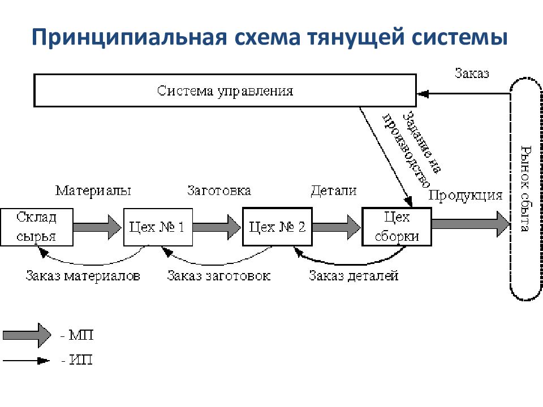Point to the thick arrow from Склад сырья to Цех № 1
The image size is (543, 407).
coord(98,227)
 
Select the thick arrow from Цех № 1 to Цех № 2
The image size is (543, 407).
coord(217,227)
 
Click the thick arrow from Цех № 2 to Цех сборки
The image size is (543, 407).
coord(337,227)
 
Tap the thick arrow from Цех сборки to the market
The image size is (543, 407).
coord(471,224)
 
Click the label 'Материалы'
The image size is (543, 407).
coord(93,190)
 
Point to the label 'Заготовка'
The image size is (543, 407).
coord(219,190)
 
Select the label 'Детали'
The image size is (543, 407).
coord(334,190)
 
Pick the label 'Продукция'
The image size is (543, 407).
coord(466,196)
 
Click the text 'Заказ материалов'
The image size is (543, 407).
coord(83,276)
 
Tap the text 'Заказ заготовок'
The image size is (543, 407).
coord(219,276)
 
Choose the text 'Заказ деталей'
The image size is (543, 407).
coord(354,276)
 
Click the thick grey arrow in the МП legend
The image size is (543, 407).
coord(27,335)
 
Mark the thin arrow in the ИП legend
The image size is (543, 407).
coord(26,361)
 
